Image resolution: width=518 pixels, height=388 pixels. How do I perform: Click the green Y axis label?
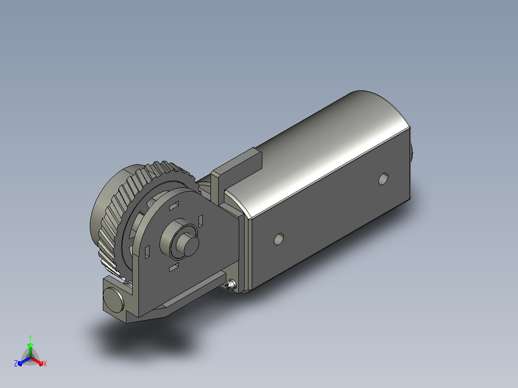pos(30,338)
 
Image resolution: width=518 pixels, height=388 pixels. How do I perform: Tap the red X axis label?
pos(45,364)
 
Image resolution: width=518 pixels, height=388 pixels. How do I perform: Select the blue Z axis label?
pos(16,364)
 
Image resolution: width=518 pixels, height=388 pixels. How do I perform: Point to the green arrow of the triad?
pos(30,350)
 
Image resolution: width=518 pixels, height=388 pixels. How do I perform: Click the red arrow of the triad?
pos(37,361)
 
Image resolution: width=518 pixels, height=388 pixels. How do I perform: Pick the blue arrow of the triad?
pos(24,362)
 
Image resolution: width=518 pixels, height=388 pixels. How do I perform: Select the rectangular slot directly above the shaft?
pos(174,206)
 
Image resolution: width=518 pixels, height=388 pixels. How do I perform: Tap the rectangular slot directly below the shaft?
pos(174,267)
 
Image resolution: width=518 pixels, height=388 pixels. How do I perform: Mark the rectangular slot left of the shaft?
pos(148,252)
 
